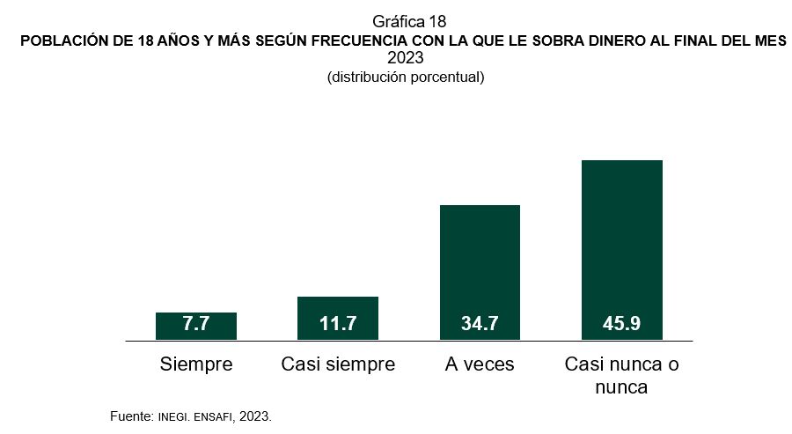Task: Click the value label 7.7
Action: coord(195,324)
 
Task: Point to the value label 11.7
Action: coord(338,324)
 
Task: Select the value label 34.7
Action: coord(480,324)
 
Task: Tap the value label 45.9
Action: coord(621,324)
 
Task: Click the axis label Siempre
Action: coord(195,364)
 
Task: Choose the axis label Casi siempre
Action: coord(338,364)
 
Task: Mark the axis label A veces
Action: coord(480,364)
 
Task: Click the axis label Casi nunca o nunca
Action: coord(621,375)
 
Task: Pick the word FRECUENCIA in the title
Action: coord(375,41)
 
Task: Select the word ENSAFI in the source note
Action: coord(213,415)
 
